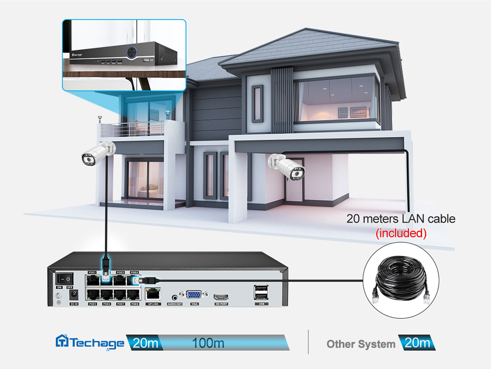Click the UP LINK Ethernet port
tap(153, 294)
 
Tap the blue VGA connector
tap(194, 295)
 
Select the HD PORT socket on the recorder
tap(222, 297)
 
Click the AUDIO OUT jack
tap(175, 297)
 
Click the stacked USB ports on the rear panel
tap(262, 293)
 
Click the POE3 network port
tap(120, 280)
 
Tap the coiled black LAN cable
tap(401, 282)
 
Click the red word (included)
tap(401, 233)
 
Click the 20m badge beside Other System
tap(417, 343)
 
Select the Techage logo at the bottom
tap(90, 342)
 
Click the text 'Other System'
tap(361, 344)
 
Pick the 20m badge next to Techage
tap(143, 343)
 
